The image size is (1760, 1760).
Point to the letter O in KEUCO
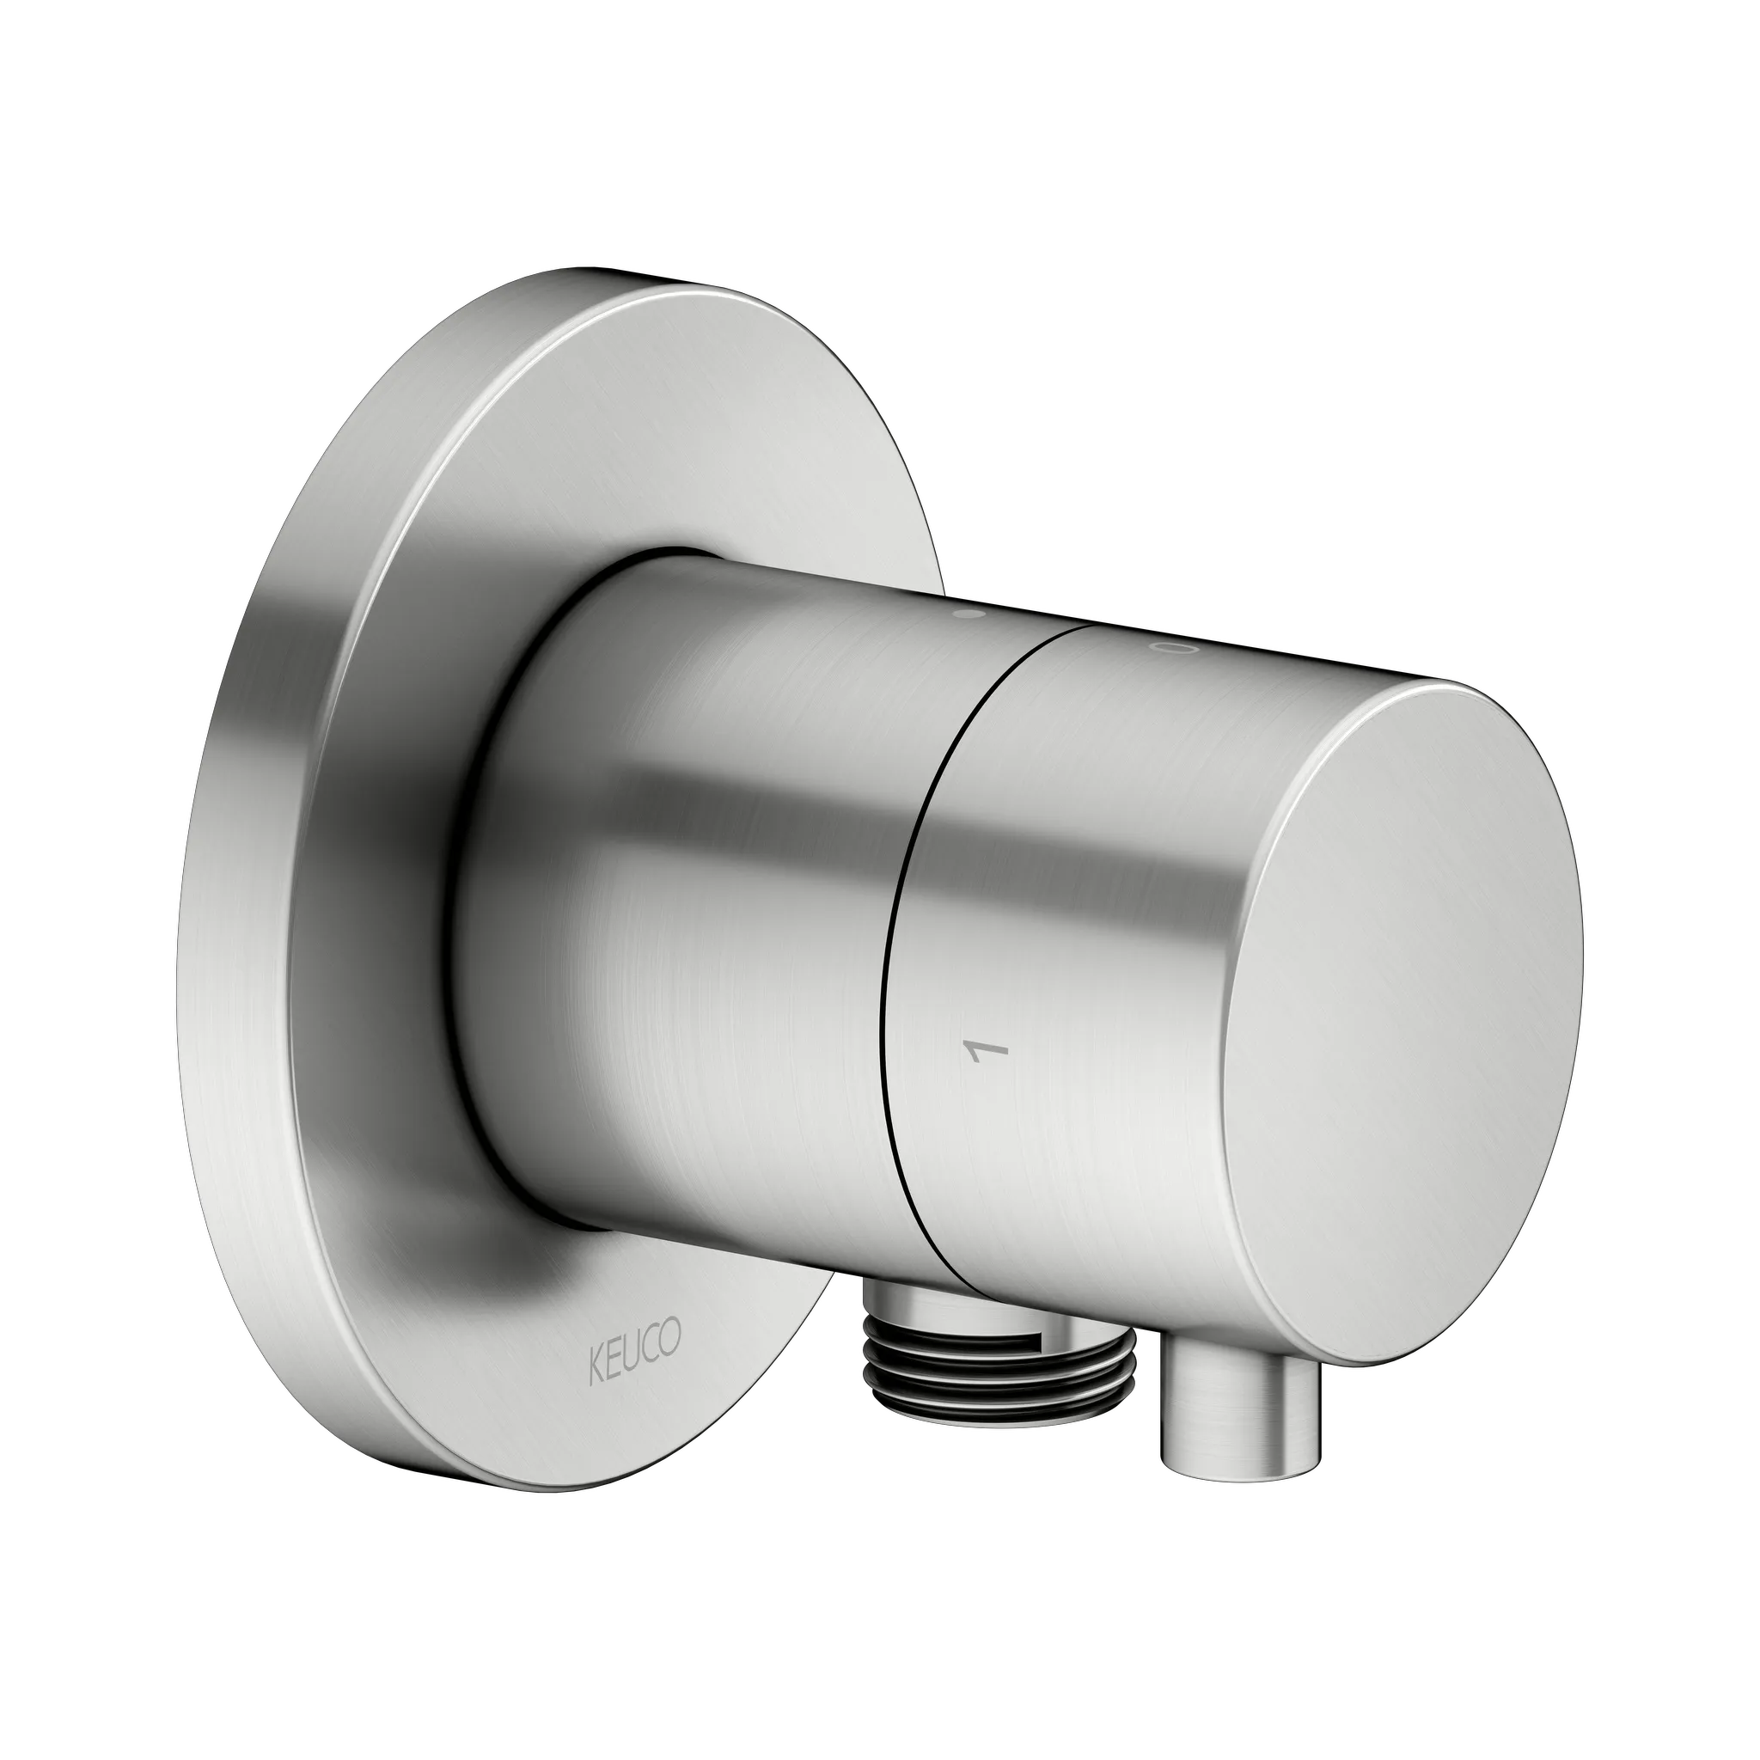click(671, 1339)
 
